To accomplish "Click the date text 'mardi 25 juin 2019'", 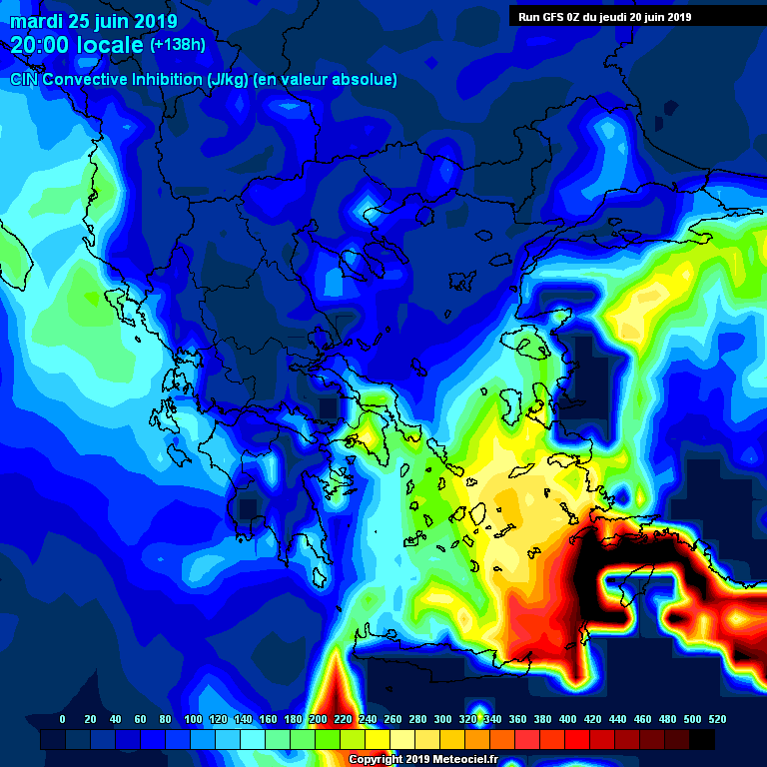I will click(x=94, y=21).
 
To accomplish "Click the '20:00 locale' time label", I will click(x=77, y=45).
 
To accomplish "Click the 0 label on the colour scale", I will click(x=63, y=719).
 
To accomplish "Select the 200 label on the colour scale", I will click(x=319, y=719).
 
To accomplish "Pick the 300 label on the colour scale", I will click(x=442, y=719).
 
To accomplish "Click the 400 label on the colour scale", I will click(x=567, y=719).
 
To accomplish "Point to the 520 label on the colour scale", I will click(x=716, y=719).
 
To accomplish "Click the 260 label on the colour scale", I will click(x=392, y=719).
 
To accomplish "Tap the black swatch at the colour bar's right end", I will click(x=702, y=739).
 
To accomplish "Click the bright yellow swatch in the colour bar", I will click(x=378, y=739).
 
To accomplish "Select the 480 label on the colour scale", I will click(x=667, y=719).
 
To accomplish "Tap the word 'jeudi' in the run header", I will click(x=615, y=16).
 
